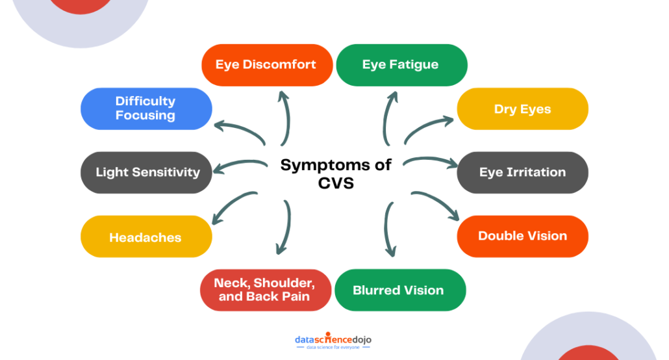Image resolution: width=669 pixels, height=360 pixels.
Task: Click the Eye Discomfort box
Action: point(266,65)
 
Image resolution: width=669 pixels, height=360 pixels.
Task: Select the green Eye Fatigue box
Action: point(401,65)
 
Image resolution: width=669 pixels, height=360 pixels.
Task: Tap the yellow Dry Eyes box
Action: point(522,109)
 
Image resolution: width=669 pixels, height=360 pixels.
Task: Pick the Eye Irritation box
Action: point(522,172)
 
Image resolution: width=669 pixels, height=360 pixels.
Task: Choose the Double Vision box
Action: point(522,236)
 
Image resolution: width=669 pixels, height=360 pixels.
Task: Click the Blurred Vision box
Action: point(399,290)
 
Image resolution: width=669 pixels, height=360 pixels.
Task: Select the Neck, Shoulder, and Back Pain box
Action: point(264,290)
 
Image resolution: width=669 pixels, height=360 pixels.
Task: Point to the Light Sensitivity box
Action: point(146,172)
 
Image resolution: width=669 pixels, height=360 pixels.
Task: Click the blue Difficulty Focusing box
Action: point(146,109)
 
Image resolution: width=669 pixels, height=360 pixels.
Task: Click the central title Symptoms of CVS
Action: point(336,173)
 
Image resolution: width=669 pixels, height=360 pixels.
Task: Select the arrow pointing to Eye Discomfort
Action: point(285,117)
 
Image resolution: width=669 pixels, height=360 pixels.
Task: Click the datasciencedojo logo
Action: point(333,342)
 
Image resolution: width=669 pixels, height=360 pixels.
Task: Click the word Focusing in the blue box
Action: point(145,116)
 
